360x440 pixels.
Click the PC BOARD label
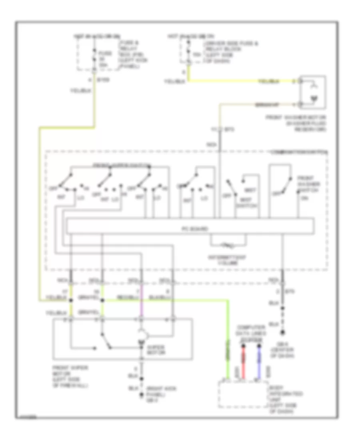tap(189, 229)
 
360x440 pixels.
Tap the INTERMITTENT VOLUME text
tap(229, 261)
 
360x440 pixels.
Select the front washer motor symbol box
tap(313, 93)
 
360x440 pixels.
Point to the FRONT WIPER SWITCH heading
tap(116, 165)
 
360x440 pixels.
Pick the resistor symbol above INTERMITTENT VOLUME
tap(229, 244)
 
